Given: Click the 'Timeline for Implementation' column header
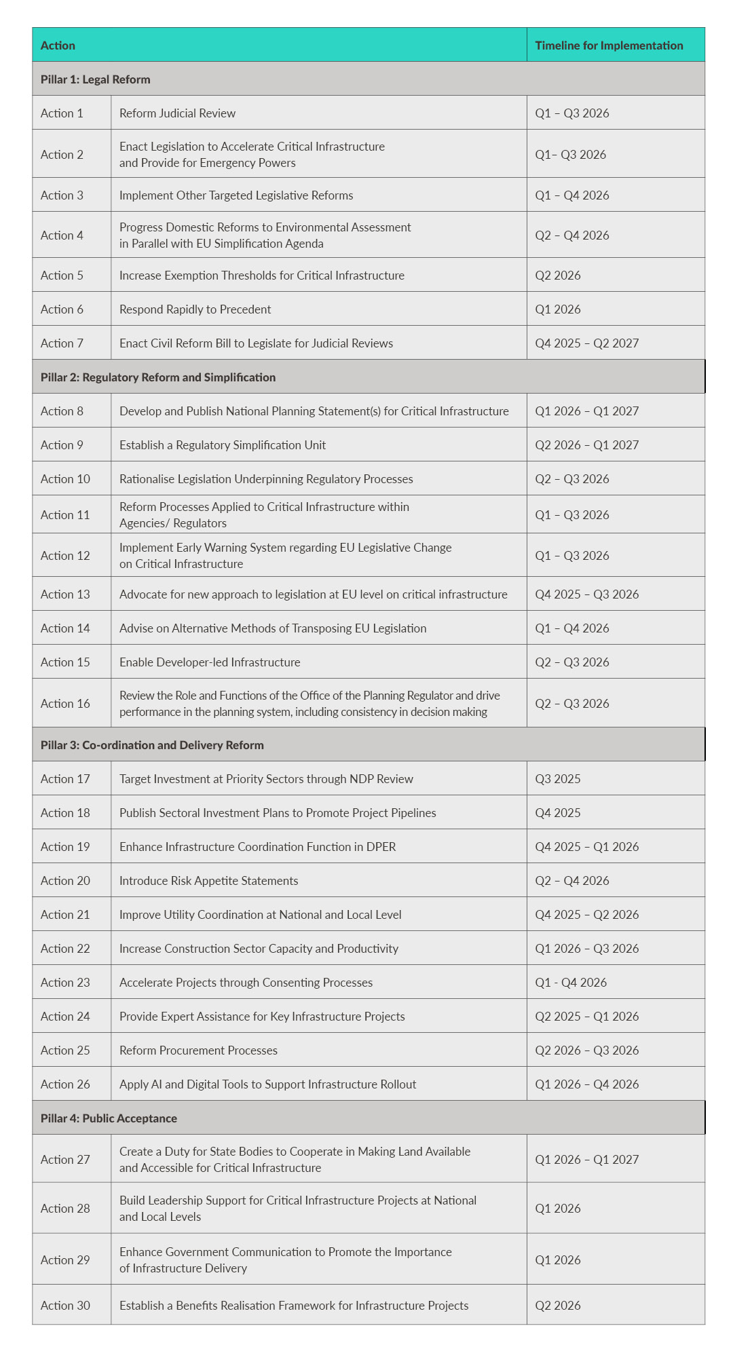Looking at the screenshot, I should tap(609, 45).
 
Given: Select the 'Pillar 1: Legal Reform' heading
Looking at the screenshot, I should tap(95, 79).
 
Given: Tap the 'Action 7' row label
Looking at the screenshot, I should tap(62, 343).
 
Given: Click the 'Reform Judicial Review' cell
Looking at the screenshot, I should tap(177, 113).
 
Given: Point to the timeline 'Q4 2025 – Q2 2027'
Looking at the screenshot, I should tap(586, 343).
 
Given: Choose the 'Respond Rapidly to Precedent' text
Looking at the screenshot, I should tap(195, 309).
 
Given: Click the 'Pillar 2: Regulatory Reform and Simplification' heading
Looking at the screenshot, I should tap(157, 377).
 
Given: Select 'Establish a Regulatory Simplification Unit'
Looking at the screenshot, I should tap(222, 445).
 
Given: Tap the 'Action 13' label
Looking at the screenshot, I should tap(65, 594).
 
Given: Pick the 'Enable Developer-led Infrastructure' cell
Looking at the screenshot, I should tap(209, 662).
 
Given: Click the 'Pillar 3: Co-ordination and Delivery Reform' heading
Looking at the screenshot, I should tap(152, 745).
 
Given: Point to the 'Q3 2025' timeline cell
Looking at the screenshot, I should tap(557, 779).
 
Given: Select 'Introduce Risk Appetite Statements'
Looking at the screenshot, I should tap(208, 881).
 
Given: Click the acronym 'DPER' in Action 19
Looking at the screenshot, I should tap(380, 847).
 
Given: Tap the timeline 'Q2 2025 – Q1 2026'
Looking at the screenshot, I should tap(586, 1017).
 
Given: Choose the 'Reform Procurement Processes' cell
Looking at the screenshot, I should tap(198, 1050).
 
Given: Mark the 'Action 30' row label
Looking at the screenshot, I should tap(65, 1306).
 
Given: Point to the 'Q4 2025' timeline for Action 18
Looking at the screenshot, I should tap(557, 813).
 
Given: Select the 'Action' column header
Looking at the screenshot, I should tap(58, 45).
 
